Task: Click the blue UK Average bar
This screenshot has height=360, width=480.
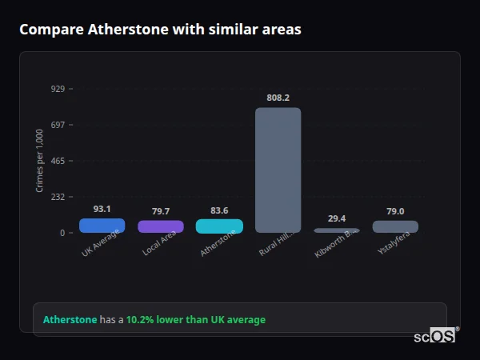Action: coord(102,226)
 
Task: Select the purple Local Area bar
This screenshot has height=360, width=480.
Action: coord(161,226)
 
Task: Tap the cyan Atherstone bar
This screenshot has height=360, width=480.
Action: coord(219,226)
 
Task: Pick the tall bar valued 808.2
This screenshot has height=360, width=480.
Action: coord(278,170)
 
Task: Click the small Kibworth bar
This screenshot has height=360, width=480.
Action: coord(337,230)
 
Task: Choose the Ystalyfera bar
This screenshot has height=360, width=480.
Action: coord(395,226)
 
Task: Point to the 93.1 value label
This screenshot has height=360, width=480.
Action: coord(102,209)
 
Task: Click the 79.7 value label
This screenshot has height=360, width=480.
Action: coord(161,211)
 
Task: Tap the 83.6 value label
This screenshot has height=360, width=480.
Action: coord(219,210)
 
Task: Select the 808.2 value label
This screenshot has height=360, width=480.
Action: coord(278,98)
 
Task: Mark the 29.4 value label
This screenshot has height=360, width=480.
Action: coord(337,218)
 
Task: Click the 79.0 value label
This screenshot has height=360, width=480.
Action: coord(395,211)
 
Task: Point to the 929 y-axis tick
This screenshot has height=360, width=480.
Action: coord(58,89)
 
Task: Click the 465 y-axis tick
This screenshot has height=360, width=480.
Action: coord(58,161)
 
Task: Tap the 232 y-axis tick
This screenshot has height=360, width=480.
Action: coord(58,197)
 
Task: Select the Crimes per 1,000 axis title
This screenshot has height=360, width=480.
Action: coord(40,161)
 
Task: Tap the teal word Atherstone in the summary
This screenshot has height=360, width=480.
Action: coord(70,320)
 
